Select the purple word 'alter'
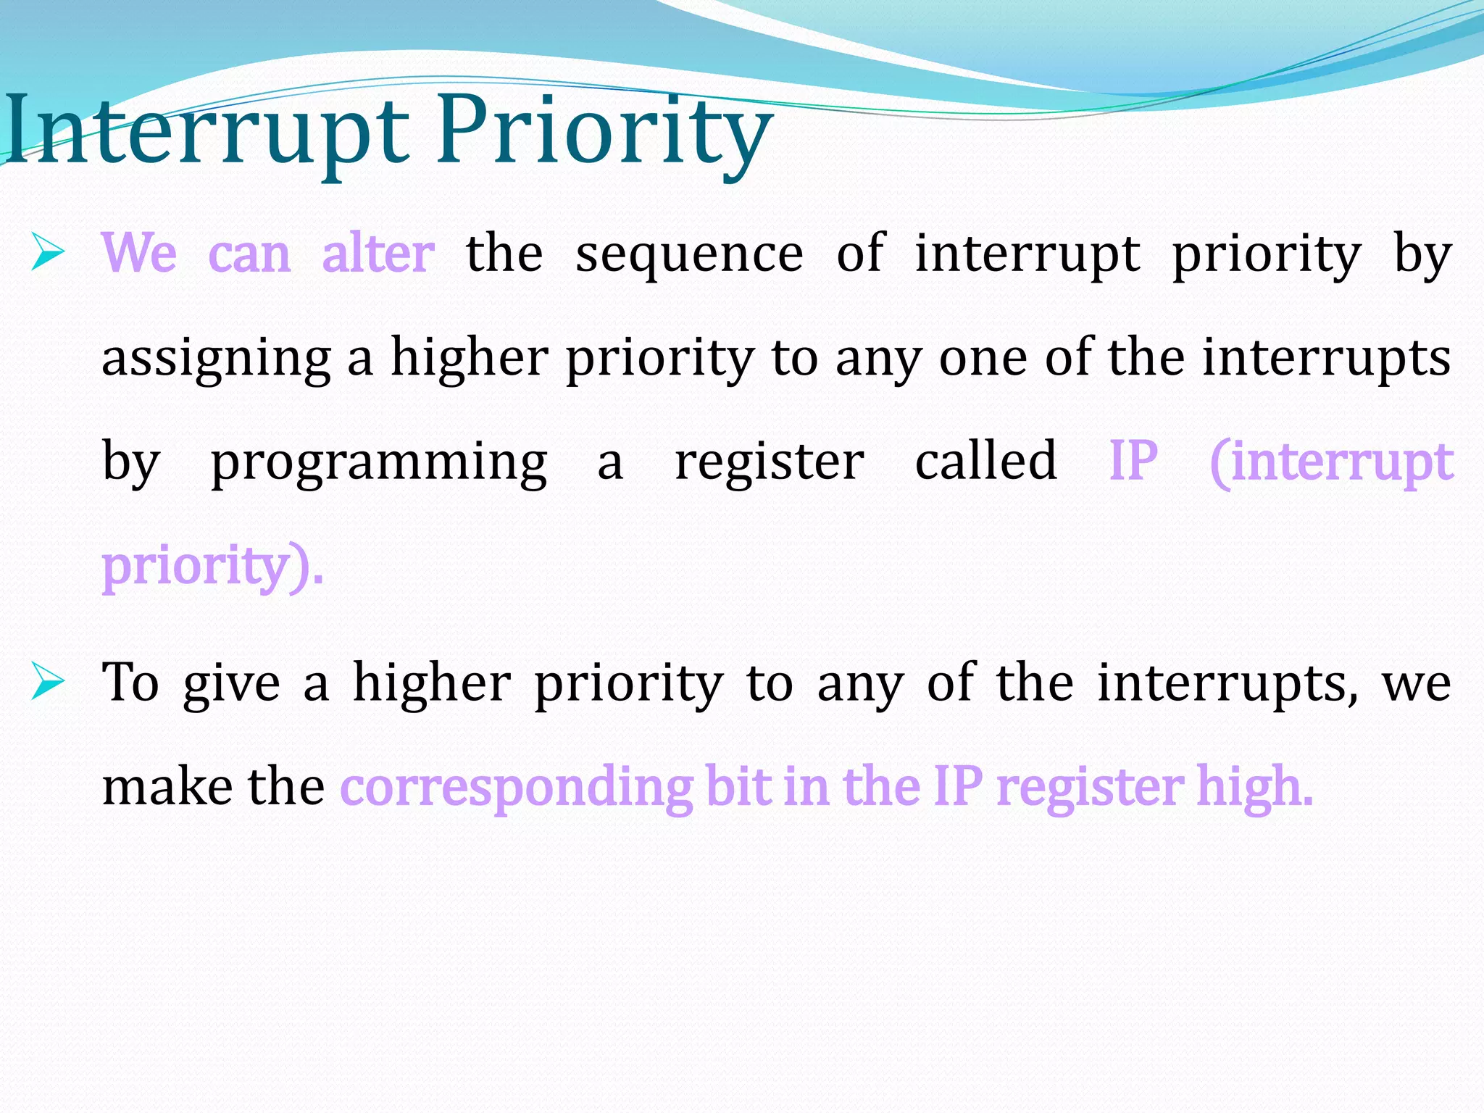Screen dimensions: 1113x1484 coord(378,254)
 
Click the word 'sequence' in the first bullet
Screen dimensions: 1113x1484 coord(688,255)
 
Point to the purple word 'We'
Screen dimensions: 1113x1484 coord(139,254)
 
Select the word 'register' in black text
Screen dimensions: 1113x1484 coord(769,462)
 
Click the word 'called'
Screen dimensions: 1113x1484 coord(985,461)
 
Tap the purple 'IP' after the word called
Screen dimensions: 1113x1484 coord(1133,461)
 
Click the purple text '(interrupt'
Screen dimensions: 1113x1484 coord(1331,462)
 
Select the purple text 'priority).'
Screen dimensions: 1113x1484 coord(212,567)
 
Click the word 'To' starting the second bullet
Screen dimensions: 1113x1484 coord(130,683)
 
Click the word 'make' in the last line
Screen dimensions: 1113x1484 coord(167,787)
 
